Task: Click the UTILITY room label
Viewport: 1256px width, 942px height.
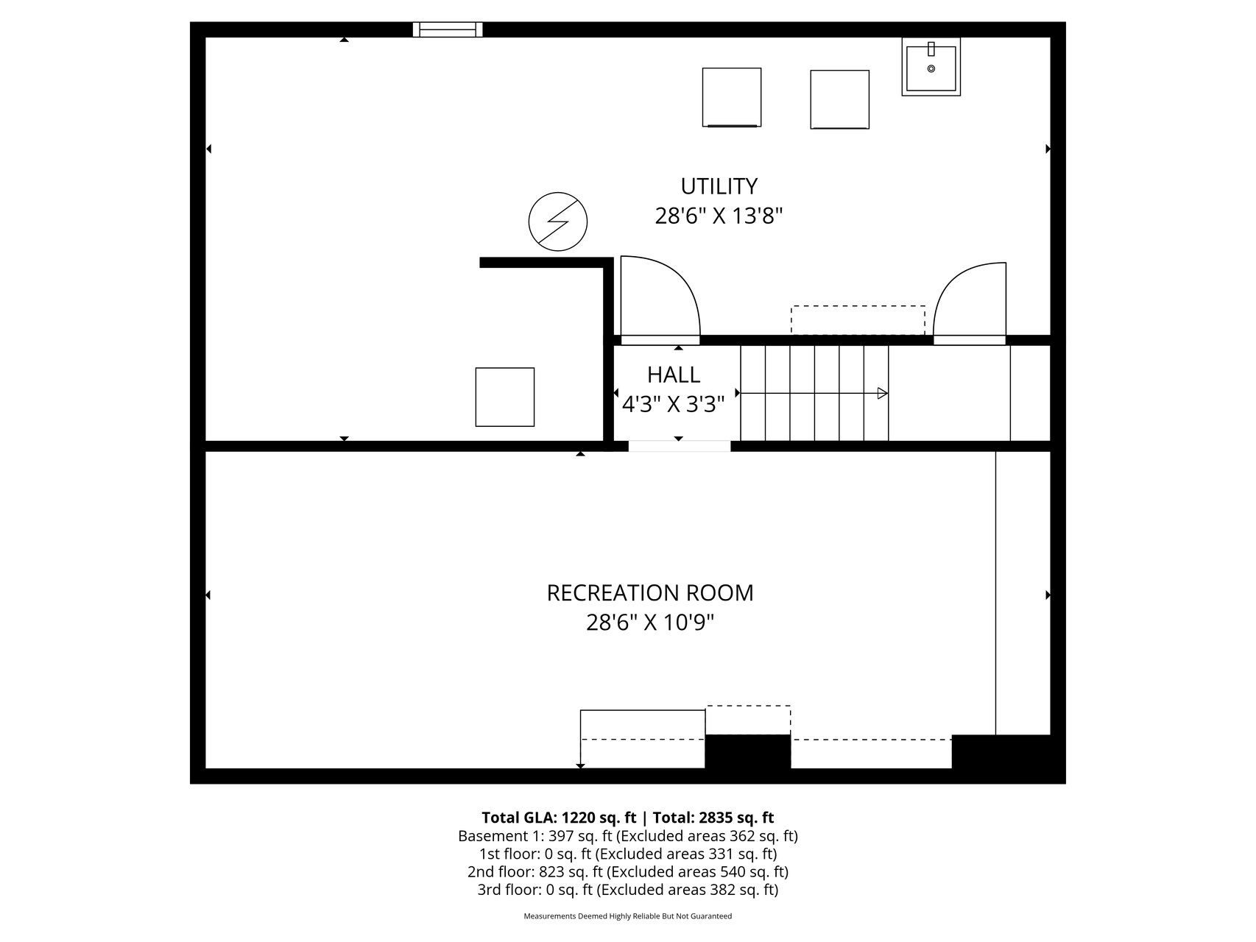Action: [719, 185]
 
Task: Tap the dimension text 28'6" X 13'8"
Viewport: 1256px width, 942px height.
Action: [719, 216]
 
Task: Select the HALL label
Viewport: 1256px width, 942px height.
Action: [674, 375]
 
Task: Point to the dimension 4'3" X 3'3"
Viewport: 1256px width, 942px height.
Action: [674, 404]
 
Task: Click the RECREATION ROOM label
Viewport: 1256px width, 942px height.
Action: [650, 593]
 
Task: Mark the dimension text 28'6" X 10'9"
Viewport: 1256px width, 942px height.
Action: [650, 623]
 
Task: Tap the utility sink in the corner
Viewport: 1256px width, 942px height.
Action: [931, 67]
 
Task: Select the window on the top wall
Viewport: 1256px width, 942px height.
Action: [448, 29]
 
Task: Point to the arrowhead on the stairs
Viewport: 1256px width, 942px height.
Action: [883, 394]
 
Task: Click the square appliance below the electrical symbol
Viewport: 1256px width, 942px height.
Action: [505, 397]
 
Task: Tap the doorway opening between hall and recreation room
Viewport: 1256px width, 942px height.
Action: [680, 446]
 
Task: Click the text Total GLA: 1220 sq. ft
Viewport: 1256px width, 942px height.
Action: [559, 818]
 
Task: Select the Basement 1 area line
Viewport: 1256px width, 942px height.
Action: [628, 836]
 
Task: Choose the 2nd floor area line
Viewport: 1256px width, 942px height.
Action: [628, 872]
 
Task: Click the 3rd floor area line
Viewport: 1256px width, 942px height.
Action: [628, 890]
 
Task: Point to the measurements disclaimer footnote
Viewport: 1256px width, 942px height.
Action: [628, 916]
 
